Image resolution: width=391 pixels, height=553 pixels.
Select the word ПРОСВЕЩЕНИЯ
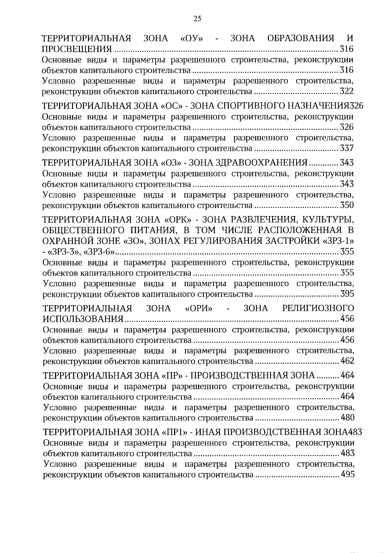point(77,50)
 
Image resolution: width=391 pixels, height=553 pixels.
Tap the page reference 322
point(346,92)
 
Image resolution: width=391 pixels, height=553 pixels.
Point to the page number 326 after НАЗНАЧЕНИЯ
point(356,106)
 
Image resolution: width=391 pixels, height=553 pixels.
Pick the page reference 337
point(346,149)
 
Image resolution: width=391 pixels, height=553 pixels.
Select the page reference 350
point(347,206)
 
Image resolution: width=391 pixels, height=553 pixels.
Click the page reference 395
point(347,294)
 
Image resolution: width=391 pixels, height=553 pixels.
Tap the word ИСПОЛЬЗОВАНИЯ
point(83,319)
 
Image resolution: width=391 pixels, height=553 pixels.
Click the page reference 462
point(347,361)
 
